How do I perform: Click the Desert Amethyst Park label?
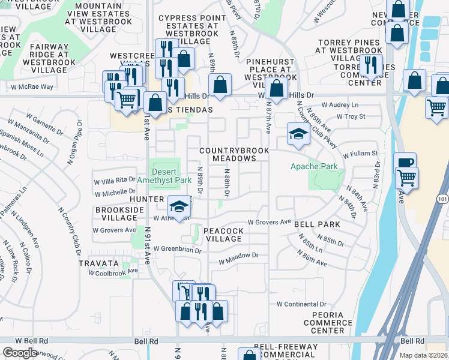click(163, 175)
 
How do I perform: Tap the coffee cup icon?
click(405, 163)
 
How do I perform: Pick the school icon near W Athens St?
click(178, 207)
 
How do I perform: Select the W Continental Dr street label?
click(301, 304)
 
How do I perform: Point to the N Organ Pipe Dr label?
click(76, 139)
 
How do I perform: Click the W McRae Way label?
click(32, 87)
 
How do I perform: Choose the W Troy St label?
click(351, 116)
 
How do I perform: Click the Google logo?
click(20, 352)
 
